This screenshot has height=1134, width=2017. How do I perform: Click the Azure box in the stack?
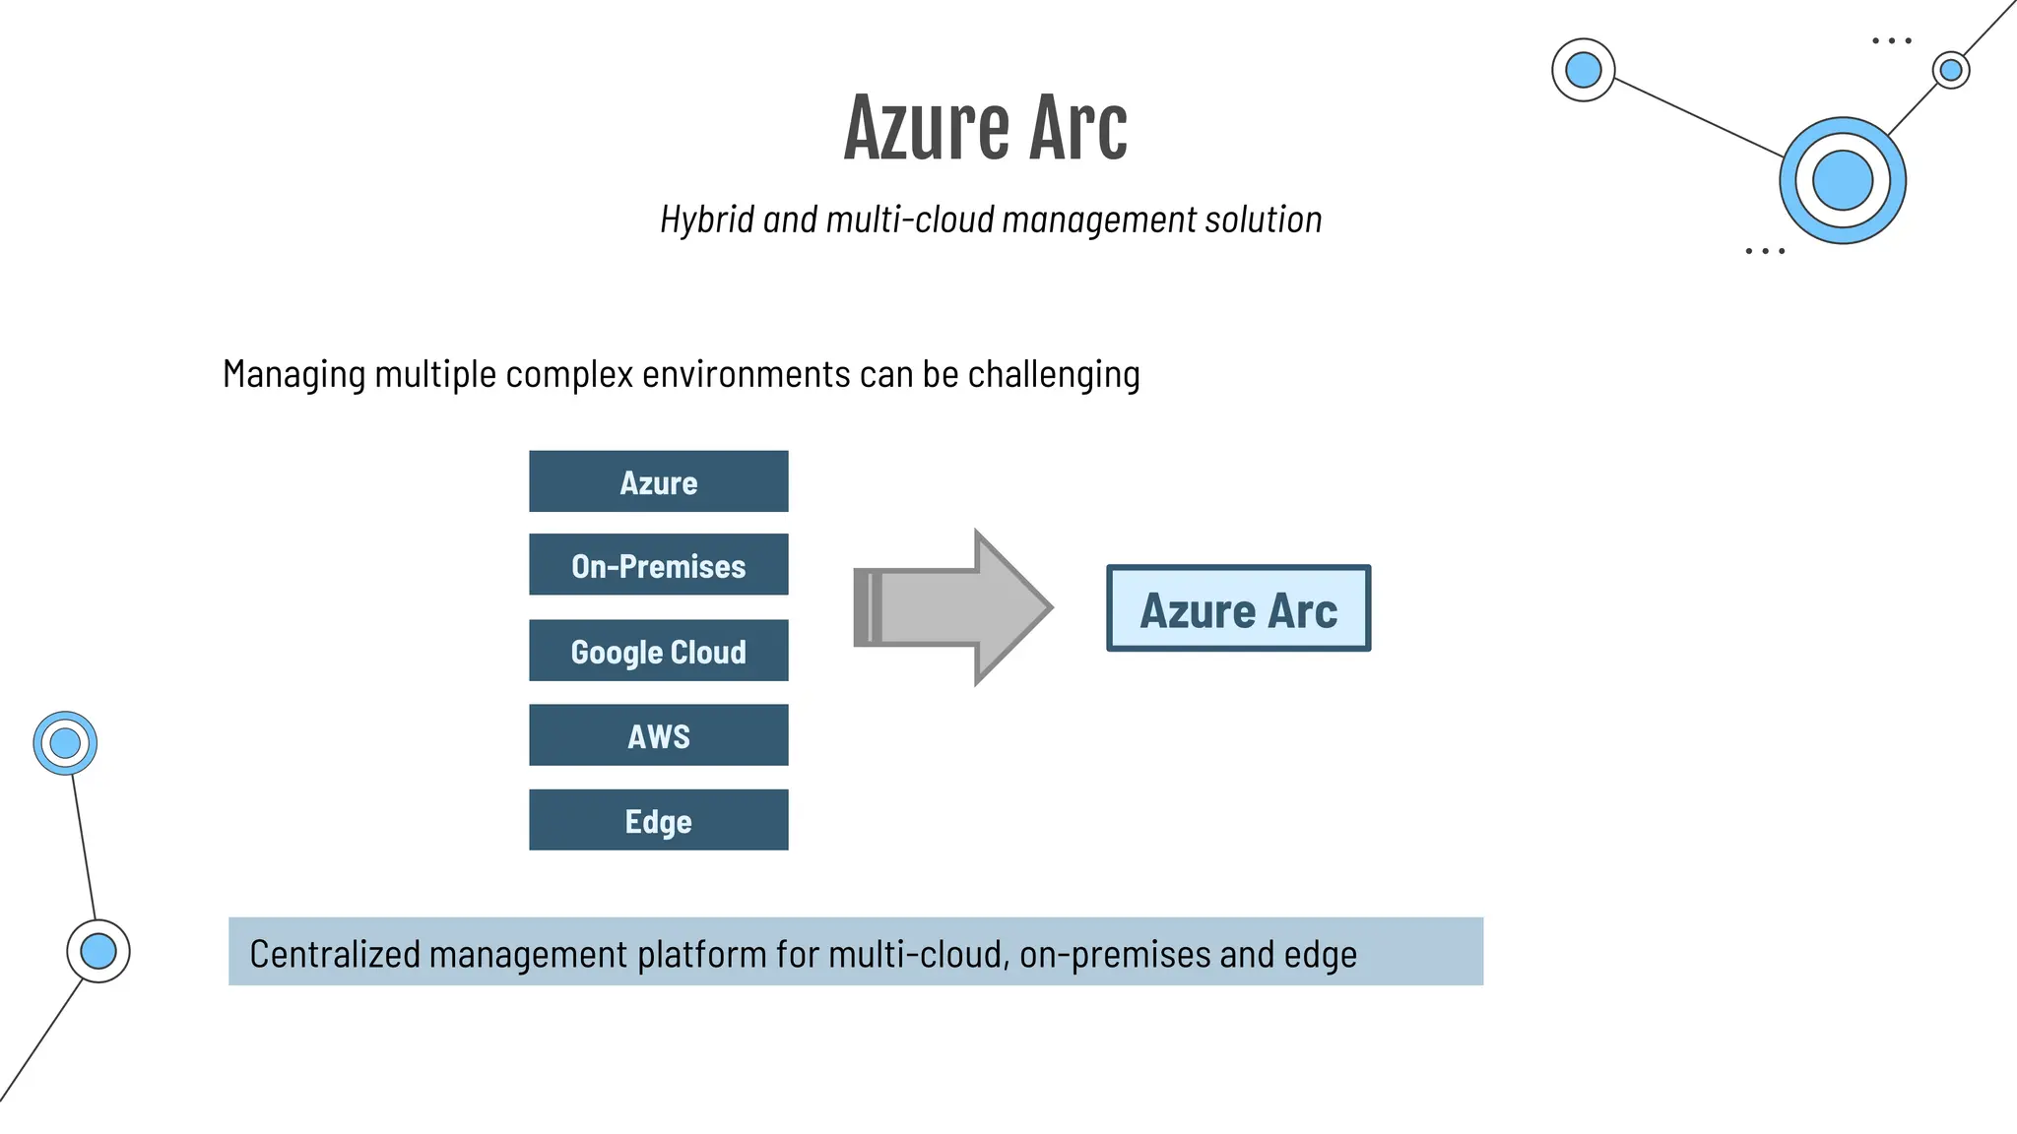[658, 481]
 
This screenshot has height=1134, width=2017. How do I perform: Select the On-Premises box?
[658, 565]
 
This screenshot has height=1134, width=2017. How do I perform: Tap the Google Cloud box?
[658, 651]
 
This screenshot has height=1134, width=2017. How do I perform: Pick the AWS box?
[658, 735]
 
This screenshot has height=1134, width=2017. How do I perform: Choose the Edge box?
[658, 820]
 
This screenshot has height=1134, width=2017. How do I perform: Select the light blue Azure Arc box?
[1238, 608]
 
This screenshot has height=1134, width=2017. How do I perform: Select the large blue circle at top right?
[1842, 180]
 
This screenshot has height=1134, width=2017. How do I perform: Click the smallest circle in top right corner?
[1950, 70]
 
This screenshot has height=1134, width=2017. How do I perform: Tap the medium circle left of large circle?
[1583, 70]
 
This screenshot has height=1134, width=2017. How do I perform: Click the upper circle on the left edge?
[65, 743]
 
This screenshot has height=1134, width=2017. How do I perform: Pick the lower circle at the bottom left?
[98, 951]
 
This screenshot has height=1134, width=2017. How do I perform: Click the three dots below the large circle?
[1764, 251]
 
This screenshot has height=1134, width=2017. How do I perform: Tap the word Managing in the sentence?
[293, 375]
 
